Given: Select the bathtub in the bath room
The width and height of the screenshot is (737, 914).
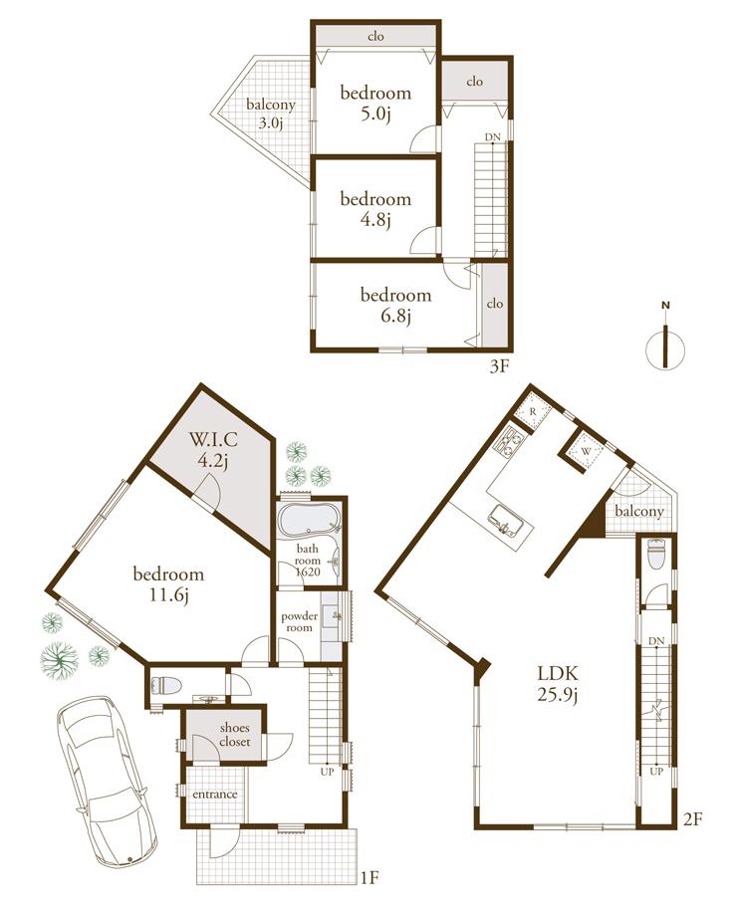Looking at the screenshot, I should [308, 522].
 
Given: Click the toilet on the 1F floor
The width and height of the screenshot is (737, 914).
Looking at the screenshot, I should [163, 686].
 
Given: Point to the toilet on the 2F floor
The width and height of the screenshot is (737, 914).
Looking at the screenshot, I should [655, 554].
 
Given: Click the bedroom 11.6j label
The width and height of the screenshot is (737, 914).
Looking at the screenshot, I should [168, 584].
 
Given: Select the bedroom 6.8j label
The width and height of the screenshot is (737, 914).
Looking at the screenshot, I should [395, 305].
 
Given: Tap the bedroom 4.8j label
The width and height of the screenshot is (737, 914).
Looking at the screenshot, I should [375, 209].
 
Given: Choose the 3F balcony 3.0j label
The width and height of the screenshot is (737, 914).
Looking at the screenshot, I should [271, 114].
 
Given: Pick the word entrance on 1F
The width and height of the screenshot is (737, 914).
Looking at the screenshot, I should [215, 795].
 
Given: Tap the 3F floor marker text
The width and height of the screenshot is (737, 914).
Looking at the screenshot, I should [499, 366].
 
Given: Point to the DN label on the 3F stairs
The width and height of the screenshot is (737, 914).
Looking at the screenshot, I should [492, 136].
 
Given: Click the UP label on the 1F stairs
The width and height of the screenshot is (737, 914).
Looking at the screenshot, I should [326, 771].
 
